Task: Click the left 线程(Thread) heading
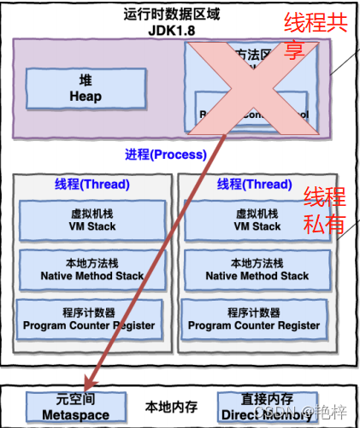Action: tap(92, 185)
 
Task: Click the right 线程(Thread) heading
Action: tap(256, 185)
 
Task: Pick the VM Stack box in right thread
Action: tap(256, 220)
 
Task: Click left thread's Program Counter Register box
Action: tap(89, 319)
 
